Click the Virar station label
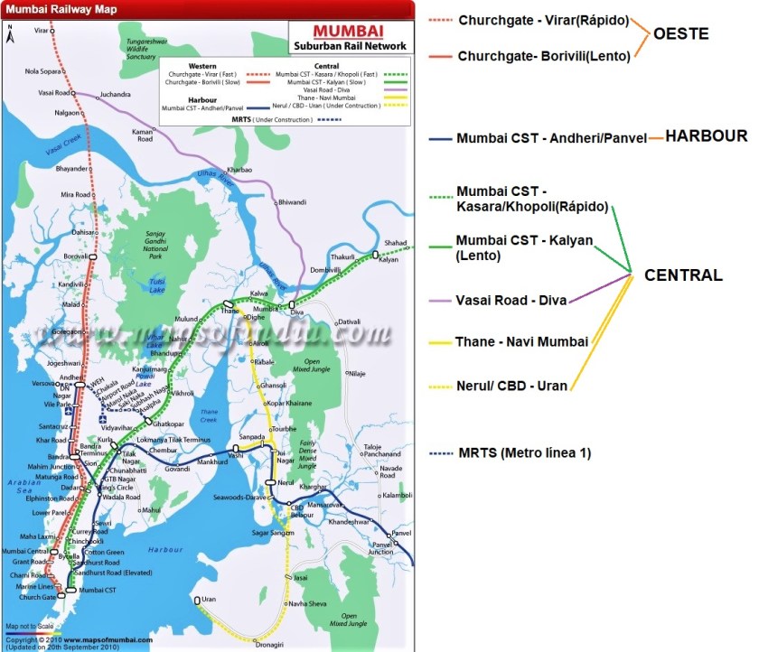pyautogui.click(x=41, y=31)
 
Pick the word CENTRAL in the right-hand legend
pyautogui.click(x=683, y=275)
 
